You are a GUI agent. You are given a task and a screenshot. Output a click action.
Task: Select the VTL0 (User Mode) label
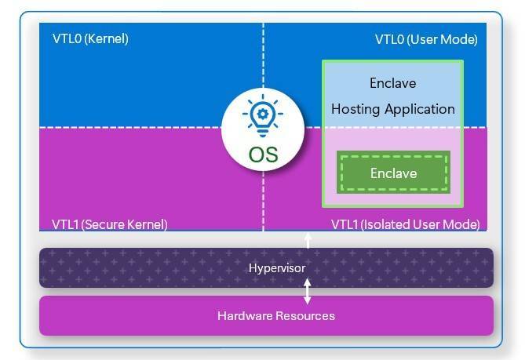[426, 39]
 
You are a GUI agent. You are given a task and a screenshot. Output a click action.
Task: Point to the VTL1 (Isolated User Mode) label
[405, 224]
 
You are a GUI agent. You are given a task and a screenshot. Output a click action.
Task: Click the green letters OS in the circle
[263, 154]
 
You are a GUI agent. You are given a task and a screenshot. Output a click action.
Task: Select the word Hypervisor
[276, 268]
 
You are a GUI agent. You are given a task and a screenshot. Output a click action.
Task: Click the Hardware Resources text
[276, 315]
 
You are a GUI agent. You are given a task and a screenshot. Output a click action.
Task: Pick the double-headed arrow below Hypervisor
[308, 292]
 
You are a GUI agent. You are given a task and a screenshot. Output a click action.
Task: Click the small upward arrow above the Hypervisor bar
[308, 239]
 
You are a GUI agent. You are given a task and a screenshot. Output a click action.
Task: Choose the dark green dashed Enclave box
[393, 173]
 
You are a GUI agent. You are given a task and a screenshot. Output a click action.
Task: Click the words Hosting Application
[392, 109]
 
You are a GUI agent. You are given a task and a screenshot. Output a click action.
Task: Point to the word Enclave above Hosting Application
[392, 83]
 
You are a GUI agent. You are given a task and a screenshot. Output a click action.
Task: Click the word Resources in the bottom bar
[308, 315]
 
